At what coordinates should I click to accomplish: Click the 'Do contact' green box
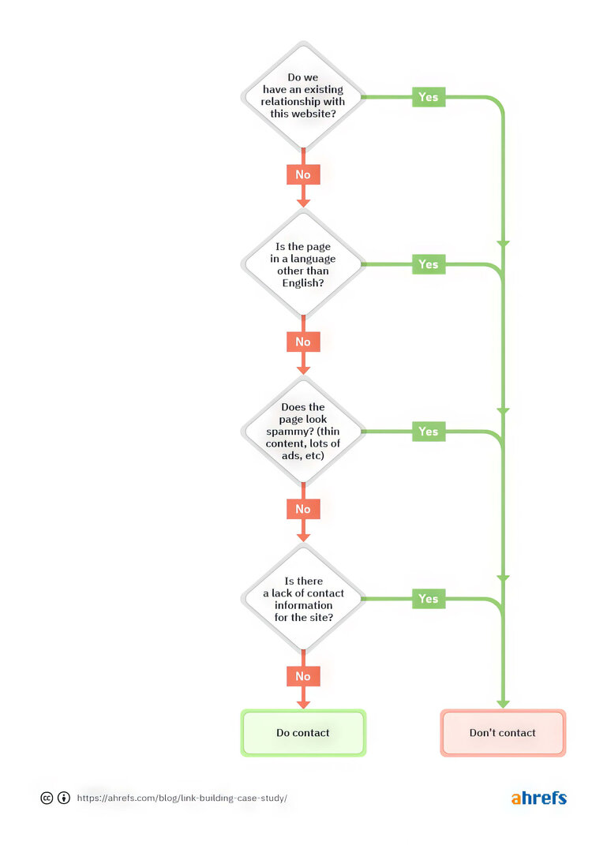[x=303, y=733]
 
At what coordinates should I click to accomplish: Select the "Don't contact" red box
[x=503, y=733]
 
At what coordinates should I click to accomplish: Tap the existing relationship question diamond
[x=303, y=96]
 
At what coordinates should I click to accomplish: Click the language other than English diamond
[x=303, y=264]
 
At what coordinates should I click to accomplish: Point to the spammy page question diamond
[x=303, y=432]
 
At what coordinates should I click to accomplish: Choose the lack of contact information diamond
[x=303, y=599]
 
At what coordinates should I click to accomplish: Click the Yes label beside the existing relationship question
[x=429, y=97]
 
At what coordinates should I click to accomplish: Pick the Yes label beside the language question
[x=429, y=264]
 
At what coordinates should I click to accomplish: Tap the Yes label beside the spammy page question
[x=429, y=432]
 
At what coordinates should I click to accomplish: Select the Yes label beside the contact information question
[x=429, y=599]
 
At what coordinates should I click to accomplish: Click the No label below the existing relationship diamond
[x=303, y=174]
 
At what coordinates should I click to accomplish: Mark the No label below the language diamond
[x=303, y=342]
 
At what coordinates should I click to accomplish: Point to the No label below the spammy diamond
[x=303, y=509]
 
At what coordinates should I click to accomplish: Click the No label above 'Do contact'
[x=303, y=676]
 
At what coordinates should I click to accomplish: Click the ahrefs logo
[x=538, y=798]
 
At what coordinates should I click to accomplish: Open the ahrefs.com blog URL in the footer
[x=182, y=798]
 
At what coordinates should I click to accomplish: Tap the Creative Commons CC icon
[x=47, y=798]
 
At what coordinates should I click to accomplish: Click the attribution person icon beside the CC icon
[x=64, y=798]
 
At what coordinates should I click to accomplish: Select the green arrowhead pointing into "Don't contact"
[x=503, y=703]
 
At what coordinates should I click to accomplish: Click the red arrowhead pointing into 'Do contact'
[x=303, y=703]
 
